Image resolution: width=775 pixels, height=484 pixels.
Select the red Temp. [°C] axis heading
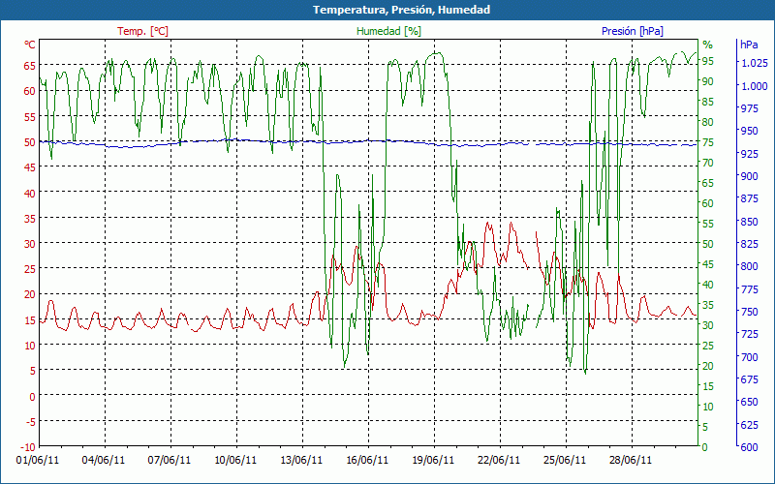pos(142,31)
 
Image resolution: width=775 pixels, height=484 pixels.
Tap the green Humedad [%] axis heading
pos(389,31)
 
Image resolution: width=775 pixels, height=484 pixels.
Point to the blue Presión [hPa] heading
pos(632,31)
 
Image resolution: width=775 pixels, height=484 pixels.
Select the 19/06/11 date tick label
pos(433,461)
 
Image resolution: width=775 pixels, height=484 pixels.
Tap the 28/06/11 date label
pos(631,461)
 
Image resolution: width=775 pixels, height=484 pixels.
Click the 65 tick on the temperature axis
pos(29,65)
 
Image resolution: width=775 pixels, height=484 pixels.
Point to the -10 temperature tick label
pos(27,446)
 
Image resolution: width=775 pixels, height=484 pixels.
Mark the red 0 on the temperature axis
pos(32,396)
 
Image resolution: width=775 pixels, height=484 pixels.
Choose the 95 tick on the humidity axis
pos(708,61)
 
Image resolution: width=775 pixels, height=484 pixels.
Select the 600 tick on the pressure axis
pos(748,446)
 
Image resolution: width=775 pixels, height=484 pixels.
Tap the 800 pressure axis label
pos(748,266)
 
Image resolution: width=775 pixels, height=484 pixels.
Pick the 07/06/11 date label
pos(170,461)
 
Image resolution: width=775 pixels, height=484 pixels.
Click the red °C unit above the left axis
pos(30,45)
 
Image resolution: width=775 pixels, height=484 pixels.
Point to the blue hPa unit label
pos(749,45)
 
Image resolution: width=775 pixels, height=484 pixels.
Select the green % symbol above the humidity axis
pos(707,45)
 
